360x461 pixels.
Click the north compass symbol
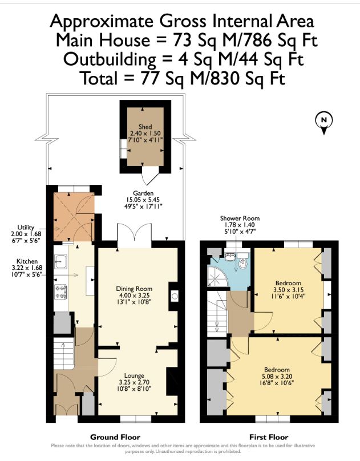[x=323, y=121]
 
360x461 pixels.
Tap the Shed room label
[x=145, y=126]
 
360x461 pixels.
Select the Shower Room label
[x=240, y=219]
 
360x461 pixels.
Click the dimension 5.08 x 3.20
[x=277, y=377]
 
